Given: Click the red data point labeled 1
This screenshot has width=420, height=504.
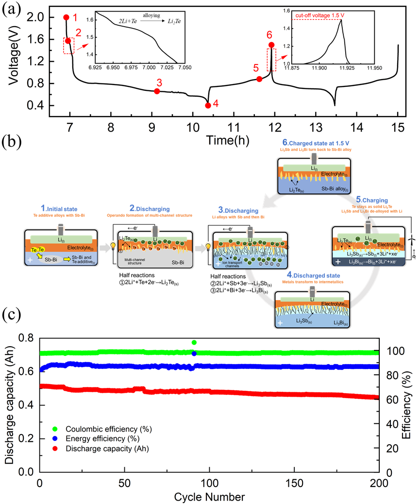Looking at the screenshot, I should [66, 17].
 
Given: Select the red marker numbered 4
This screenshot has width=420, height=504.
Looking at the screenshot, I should [208, 105].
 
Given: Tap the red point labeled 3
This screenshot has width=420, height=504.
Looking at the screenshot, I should [157, 91].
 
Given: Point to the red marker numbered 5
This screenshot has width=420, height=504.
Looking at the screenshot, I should [259, 79].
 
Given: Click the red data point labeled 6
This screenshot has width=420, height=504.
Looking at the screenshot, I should [271, 45].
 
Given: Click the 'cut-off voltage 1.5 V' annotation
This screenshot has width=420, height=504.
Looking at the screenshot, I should [319, 16].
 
